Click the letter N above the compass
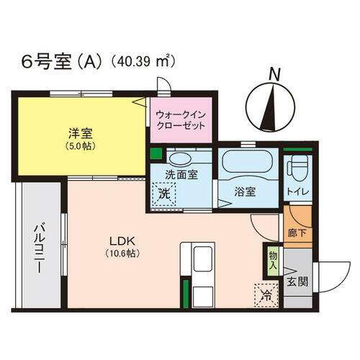(x=272, y=73)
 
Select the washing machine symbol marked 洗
(x=164, y=194)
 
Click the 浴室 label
(x=245, y=192)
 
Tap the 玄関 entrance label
(x=296, y=282)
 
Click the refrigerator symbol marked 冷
(x=265, y=294)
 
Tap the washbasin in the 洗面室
(x=181, y=158)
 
